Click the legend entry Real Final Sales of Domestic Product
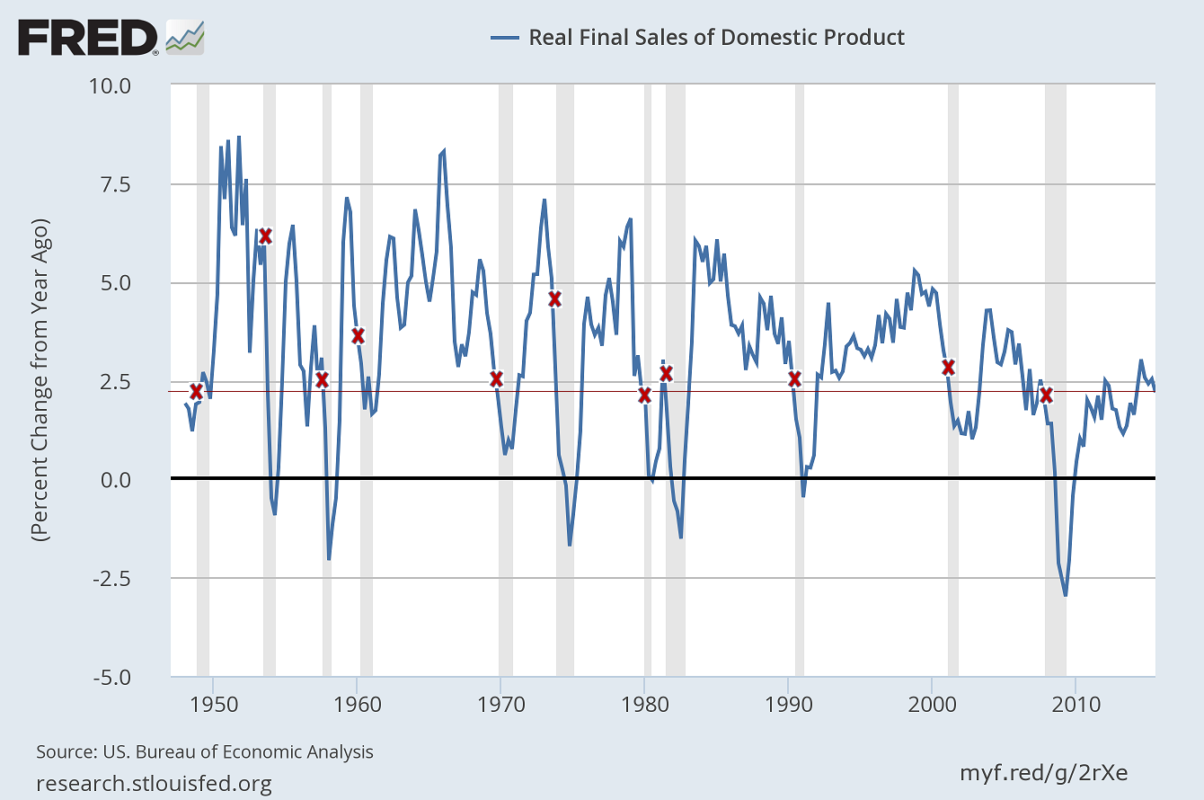tap(716, 37)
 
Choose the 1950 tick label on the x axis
tap(213, 699)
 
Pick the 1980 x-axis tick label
tap(644, 699)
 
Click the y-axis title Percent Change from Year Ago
tap(42, 379)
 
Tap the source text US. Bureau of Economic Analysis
tap(205, 751)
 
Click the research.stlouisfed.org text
tap(154, 783)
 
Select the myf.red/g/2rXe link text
tap(1044, 772)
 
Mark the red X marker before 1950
tap(196, 391)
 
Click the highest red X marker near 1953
tap(265, 236)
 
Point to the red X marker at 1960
tap(358, 335)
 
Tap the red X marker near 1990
tap(794, 378)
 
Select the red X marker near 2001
tap(948, 367)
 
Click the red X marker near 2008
tap(1046, 395)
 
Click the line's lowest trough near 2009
tap(1066, 595)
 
